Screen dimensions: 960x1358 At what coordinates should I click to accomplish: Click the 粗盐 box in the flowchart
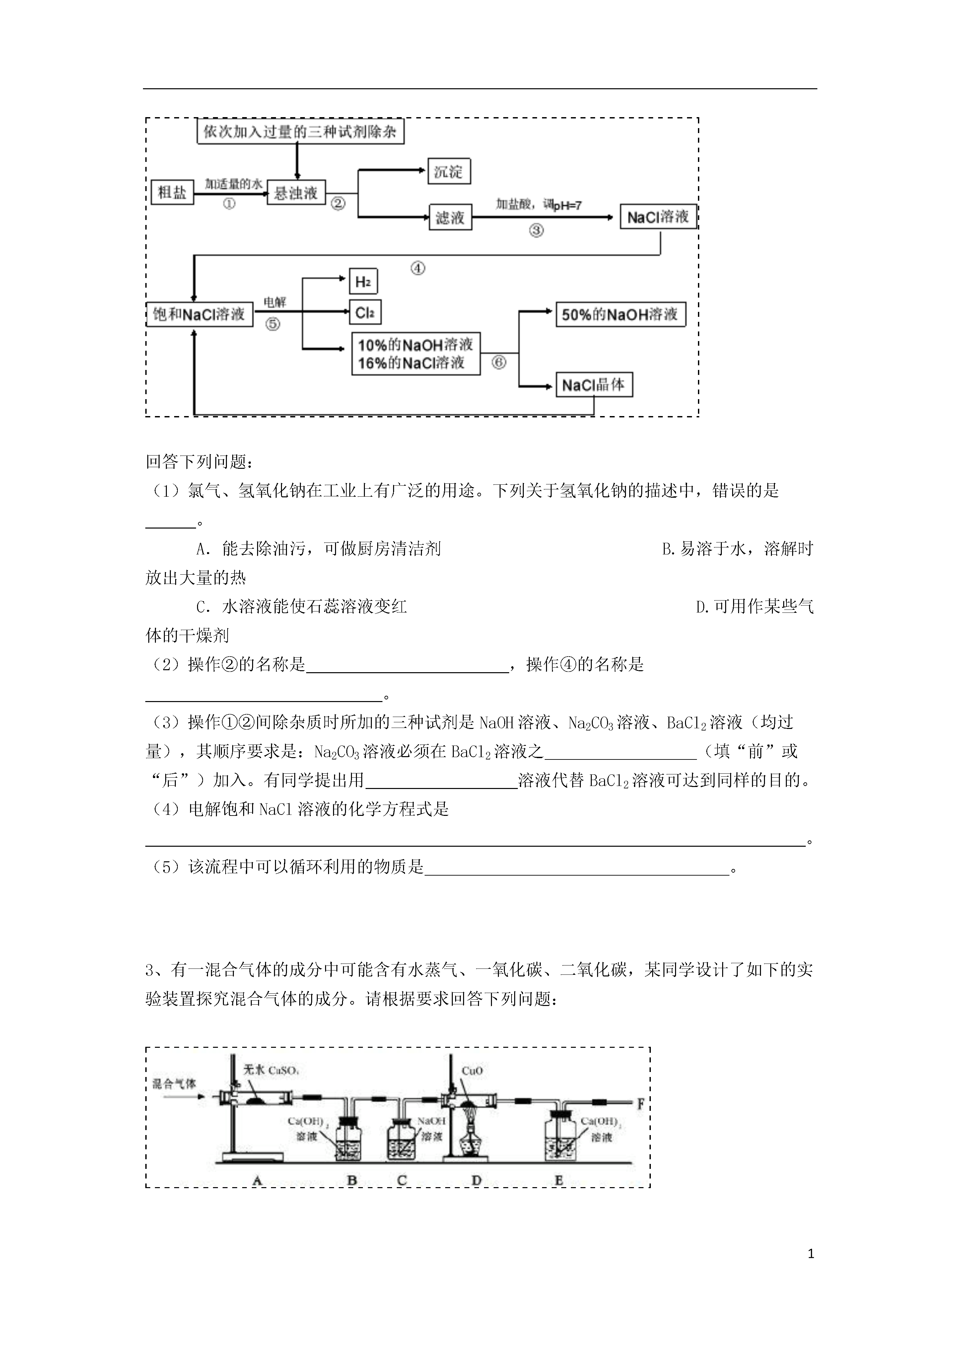(172, 192)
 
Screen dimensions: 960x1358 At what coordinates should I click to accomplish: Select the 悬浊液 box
(296, 192)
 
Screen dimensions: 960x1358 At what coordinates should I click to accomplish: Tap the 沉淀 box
(449, 172)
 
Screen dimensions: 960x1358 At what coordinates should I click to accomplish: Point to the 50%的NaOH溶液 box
(620, 314)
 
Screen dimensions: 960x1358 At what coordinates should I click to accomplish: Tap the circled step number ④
(418, 268)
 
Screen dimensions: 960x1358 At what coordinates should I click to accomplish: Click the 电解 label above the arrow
(274, 302)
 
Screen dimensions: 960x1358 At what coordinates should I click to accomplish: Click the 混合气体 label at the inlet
(174, 1084)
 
